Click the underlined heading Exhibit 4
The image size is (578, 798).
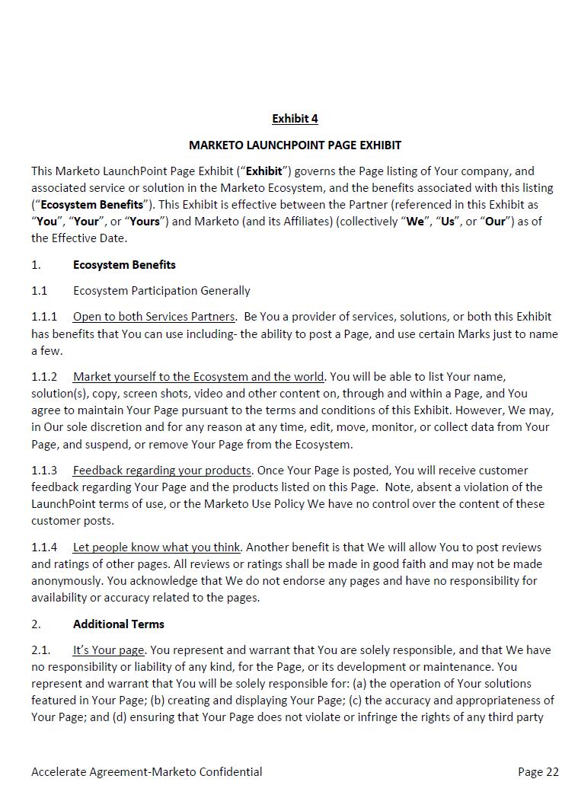(x=295, y=119)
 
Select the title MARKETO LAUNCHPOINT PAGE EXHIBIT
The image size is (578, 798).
(x=295, y=145)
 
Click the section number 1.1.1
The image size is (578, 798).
(x=44, y=317)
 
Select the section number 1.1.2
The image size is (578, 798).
(x=44, y=377)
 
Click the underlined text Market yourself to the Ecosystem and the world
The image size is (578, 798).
(x=199, y=377)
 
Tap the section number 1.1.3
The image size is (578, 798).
(x=44, y=471)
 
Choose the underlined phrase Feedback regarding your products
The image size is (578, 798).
(x=161, y=471)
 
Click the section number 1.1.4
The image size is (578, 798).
(x=44, y=547)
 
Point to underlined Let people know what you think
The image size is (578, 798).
(x=157, y=547)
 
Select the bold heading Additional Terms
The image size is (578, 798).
(x=119, y=624)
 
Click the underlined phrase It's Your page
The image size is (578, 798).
(x=108, y=650)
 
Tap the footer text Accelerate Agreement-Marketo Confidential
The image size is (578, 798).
(x=146, y=772)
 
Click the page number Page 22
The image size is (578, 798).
(x=538, y=772)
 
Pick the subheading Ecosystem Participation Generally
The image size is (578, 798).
(x=161, y=291)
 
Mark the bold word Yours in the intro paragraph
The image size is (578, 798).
(x=145, y=222)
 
